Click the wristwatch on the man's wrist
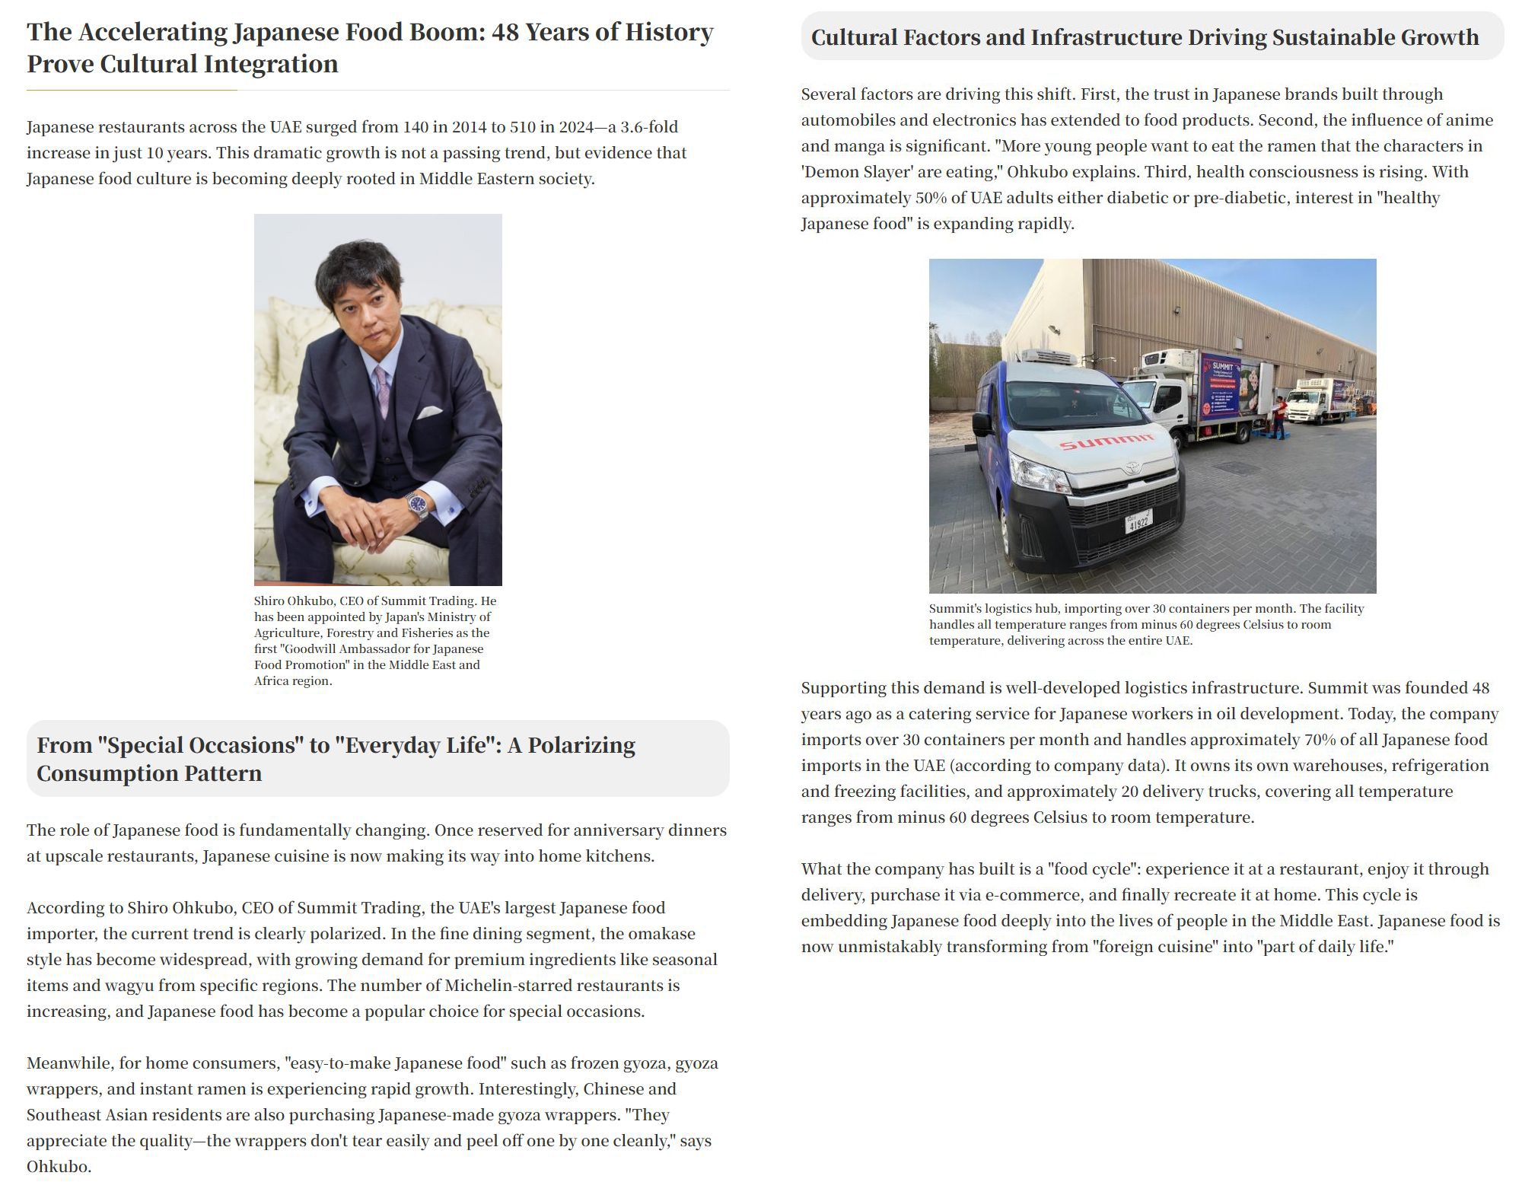click(x=417, y=503)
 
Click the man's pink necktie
click(x=382, y=389)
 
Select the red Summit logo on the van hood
click(x=1106, y=441)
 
